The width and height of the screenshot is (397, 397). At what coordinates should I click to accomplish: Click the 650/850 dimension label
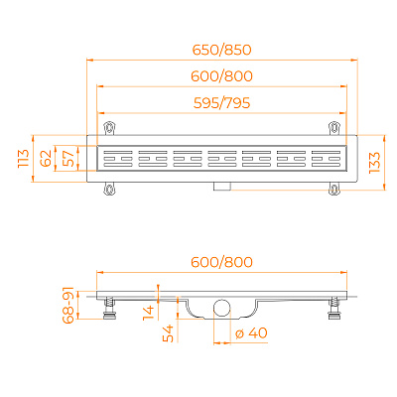click(222, 50)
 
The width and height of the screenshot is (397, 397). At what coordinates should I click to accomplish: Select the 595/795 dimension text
click(222, 103)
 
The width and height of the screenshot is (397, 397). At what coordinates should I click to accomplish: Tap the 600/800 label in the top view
click(222, 76)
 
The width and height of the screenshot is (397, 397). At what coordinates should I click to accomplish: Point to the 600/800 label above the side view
click(222, 262)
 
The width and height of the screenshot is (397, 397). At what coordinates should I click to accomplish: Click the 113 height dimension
click(24, 159)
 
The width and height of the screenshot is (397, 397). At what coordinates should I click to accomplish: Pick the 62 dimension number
click(46, 158)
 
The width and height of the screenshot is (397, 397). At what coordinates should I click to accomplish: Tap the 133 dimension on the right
click(374, 163)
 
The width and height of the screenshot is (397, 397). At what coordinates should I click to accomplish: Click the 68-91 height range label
click(67, 305)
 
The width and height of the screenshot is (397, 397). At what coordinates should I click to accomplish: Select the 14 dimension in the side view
click(149, 313)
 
